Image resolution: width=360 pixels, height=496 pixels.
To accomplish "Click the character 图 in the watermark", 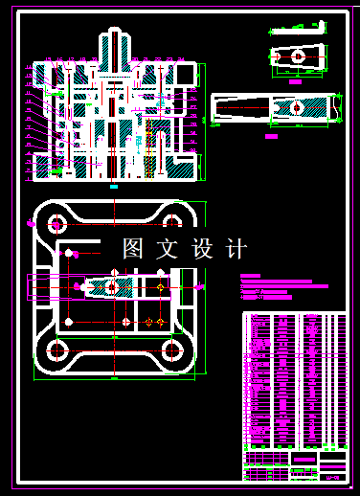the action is [133, 249].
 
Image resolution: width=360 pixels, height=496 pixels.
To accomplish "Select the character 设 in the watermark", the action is [202, 249].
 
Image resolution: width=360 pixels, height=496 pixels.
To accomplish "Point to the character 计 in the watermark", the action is [236, 249].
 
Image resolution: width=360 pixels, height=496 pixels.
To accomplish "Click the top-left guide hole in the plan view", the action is [56, 225].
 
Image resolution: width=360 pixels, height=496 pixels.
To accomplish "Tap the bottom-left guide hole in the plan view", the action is [56, 349].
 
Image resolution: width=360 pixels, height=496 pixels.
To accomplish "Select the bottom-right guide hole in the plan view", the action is [172, 349].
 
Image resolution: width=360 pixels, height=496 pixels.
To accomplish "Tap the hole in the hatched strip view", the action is [298, 108].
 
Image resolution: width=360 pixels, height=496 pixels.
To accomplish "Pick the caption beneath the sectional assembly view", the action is [114, 187].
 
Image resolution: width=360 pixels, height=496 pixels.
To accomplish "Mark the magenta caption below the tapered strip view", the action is [271, 133].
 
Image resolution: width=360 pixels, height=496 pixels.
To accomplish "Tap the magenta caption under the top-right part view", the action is [296, 82].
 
